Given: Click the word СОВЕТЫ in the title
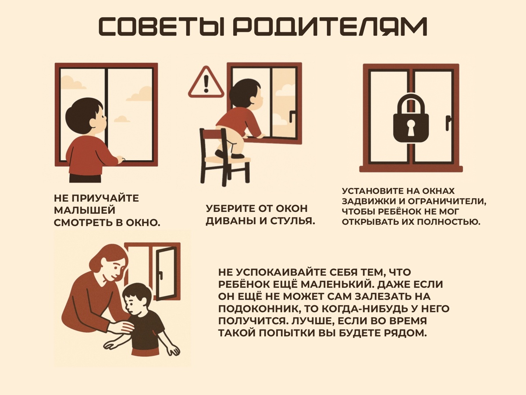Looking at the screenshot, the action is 161,27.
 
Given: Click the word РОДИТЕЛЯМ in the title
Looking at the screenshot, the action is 330,27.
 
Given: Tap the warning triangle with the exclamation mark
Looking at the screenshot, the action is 206,82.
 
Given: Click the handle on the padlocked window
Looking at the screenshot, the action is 448,123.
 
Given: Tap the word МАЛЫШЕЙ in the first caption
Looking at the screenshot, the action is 85,211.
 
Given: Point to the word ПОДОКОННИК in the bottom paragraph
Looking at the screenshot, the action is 259,309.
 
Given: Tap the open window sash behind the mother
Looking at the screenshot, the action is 167,273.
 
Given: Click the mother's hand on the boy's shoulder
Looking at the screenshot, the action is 121,326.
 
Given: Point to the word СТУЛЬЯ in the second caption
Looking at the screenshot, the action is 293,221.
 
